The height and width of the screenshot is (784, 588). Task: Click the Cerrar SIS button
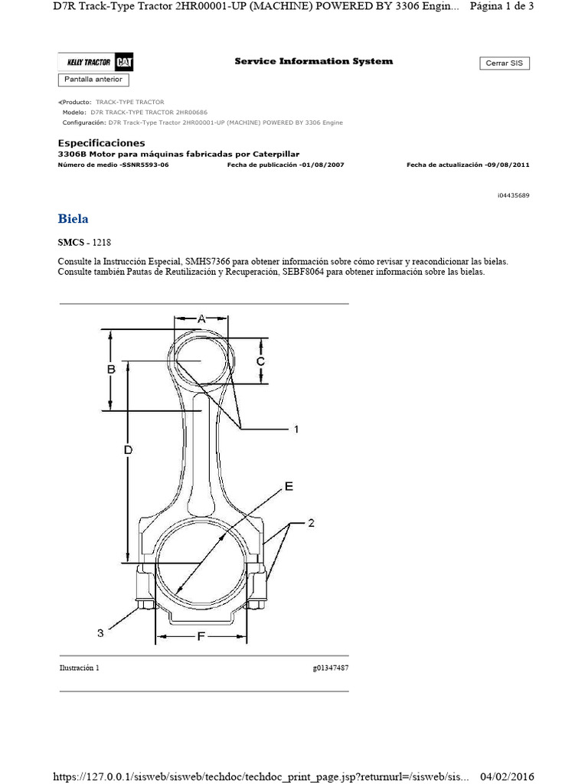[505, 64]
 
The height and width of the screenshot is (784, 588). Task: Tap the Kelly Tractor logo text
[85, 63]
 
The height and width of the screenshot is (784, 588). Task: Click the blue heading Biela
[73, 219]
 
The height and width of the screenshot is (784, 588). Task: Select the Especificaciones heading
[101, 143]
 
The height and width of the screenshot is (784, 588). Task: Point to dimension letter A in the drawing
[202, 318]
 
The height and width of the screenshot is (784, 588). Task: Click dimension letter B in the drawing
[111, 369]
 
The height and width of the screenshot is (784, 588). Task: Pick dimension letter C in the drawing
[260, 361]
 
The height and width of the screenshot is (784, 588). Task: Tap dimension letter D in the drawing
[128, 451]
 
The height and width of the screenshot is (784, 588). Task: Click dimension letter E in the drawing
[289, 486]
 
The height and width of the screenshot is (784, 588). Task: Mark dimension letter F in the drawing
[201, 635]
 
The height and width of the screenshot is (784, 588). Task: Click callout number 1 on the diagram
[296, 430]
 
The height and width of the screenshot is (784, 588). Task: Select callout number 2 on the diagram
[312, 524]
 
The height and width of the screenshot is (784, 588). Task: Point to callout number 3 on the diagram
[100, 632]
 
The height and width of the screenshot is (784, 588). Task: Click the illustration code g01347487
[331, 668]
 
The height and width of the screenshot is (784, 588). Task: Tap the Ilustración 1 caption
[79, 668]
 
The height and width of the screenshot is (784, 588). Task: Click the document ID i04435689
[513, 195]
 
